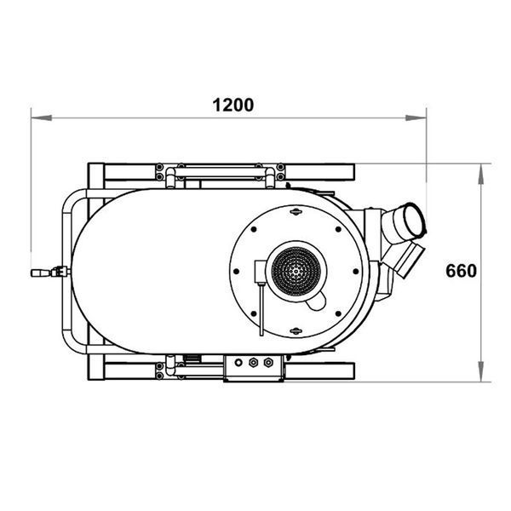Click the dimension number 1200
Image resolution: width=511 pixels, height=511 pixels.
click(x=233, y=105)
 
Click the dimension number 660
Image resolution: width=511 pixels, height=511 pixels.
click(x=461, y=271)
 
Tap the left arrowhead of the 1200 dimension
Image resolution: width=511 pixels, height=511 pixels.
click(x=42, y=118)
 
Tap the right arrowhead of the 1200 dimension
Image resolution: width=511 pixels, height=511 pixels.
click(x=416, y=118)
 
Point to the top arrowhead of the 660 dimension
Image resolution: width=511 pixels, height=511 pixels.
click(x=480, y=175)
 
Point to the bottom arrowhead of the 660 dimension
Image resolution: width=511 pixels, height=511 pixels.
click(x=480, y=370)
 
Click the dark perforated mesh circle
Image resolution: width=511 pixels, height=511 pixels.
click(x=296, y=271)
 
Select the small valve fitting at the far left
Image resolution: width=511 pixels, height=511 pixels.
click(x=50, y=272)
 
